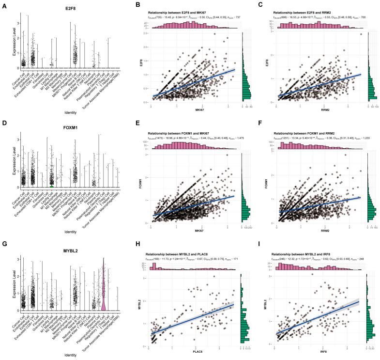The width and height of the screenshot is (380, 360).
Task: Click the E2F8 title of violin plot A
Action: tap(66, 8)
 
